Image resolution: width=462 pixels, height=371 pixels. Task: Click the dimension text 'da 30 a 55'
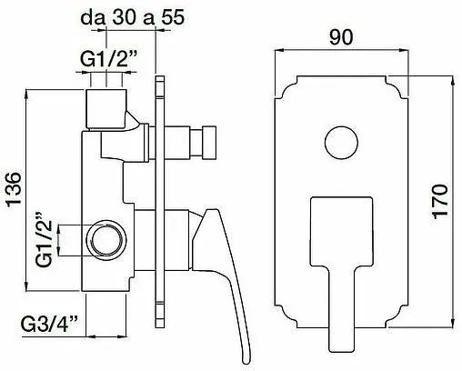[133, 17]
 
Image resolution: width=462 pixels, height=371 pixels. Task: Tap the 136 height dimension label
[15, 190]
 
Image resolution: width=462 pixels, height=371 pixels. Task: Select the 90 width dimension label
[341, 37]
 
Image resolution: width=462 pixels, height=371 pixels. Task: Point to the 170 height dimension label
[440, 201]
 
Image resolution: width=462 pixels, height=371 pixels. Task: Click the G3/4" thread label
[49, 324]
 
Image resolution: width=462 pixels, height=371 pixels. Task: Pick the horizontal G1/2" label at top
[109, 60]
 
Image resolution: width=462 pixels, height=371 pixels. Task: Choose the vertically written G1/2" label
[45, 239]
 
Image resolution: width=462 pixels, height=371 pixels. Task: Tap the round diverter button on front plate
[341, 142]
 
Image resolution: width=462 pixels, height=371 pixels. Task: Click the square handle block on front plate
[341, 232]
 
